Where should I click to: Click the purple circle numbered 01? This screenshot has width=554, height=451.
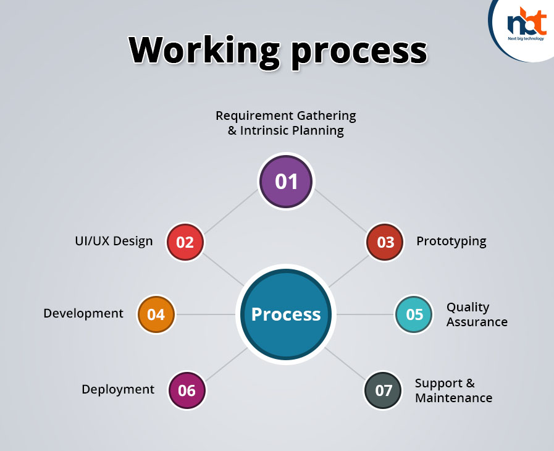pyautogui.click(x=286, y=181)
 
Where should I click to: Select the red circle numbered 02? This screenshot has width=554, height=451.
pyautogui.click(x=185, y=242)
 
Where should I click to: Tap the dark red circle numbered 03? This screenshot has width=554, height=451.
pyautogui.click(x=385, y=242)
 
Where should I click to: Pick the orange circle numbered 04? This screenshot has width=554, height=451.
pyautogui.click(x=156, y=314)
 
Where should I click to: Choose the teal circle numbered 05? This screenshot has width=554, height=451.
pyautogui.click(x=414, y=314)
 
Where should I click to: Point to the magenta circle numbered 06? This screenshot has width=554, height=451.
pyautogui.click(x=187, y=390)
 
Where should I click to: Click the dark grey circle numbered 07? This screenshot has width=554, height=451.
pyautogui.click(x=383, y=390)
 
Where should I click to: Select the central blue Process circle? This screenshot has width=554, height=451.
pyautogui.click(x=286, y=314)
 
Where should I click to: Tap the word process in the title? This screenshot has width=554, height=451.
pyautogui.click(x=359, y=53)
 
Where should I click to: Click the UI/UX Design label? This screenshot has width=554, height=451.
pyautogui.click(x=114, y=241)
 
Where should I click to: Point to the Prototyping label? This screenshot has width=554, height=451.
pyautogui.click(x=451, y=242)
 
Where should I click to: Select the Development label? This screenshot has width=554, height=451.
pyautogui.click(x=83, y=313)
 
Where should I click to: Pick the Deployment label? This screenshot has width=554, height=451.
pyautogui.click(x=118, y=389)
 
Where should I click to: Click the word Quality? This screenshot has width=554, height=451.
pyautogui.click(x=468, y=308)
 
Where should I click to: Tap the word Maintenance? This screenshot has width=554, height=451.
pyautogui.click(x=454, y=398)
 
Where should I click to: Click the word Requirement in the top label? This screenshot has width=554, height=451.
pyautogui.click(x=254, y=116)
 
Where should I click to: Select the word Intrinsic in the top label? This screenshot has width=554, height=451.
pyautogui.click(x=261, y=130)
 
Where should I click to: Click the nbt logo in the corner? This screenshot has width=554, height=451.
pyautogui.click(x=526, y=24)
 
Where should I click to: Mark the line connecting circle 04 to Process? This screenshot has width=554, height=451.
pyautogui.click(x=206, y=314)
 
